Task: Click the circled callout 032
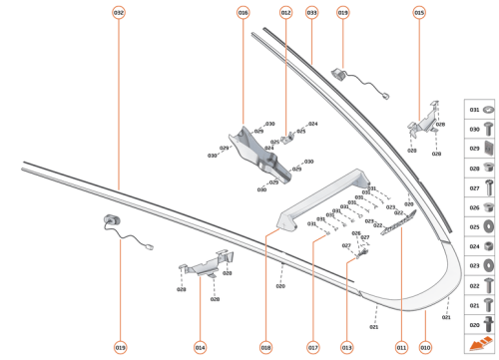[119, 13]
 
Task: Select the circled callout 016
[243, 13]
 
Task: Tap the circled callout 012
[285, 13]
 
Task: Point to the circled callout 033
[312, 13]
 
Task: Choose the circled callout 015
[419, 13]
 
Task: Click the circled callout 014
[201, 347]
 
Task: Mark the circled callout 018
[265, 347]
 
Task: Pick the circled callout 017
[312, 347]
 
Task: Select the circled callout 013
[347, 347]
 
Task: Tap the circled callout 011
[402, 347]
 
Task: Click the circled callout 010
[425, 347]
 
